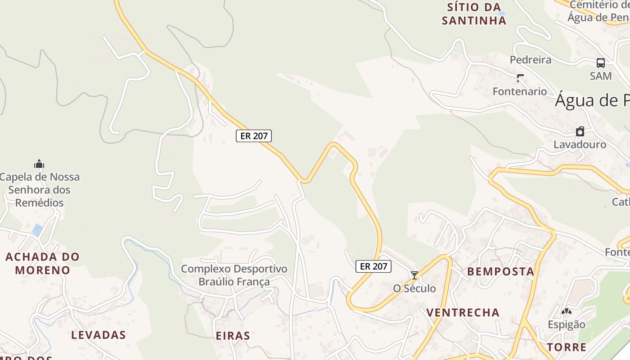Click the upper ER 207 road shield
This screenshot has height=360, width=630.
254,136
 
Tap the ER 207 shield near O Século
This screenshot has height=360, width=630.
373,266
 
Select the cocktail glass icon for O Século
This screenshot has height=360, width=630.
414,275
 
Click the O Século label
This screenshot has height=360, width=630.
414,288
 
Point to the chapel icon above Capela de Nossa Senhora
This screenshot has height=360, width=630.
39,164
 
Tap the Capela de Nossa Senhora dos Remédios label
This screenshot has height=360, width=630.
40,189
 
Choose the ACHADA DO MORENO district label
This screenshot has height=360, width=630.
42,263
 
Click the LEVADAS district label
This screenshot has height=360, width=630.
99,335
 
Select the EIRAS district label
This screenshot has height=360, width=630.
233,336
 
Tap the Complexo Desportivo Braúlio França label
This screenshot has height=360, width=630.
234,275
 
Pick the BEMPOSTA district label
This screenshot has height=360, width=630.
500,271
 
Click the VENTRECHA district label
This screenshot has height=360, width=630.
463,312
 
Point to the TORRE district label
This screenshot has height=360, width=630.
567,347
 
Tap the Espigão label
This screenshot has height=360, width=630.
567,324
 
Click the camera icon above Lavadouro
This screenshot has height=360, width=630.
580,131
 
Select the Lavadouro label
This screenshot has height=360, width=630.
580,144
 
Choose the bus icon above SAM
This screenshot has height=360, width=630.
601,63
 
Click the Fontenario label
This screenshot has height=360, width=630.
520,91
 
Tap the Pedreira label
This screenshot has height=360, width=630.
531,59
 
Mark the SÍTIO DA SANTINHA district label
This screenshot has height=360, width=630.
474,13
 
